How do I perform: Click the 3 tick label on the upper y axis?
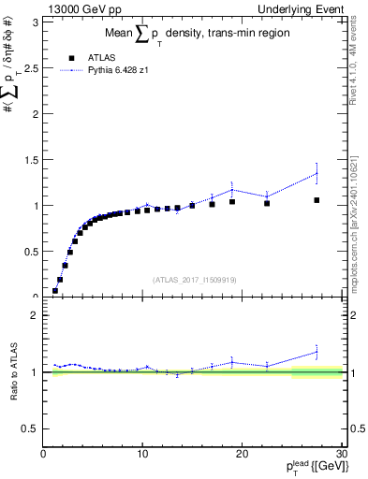[35, 22]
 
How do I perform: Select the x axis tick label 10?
[141, 456]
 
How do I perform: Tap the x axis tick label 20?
[242, 456]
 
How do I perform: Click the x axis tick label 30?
[340, 456]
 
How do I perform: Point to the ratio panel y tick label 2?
[35, 315]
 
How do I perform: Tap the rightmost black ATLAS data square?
[316, 200]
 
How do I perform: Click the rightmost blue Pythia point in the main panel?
[316, 173]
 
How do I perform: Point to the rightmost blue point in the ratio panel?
[316, 352]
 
